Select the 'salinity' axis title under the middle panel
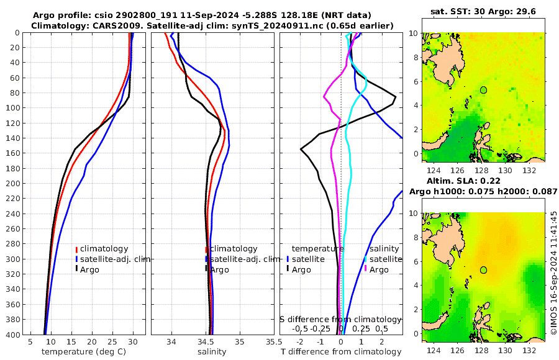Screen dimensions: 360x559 (x=212, y=352)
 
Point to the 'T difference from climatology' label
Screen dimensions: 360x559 (x=341, y=352)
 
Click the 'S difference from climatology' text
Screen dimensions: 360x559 (x=341, y=319)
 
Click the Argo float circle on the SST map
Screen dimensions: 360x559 (x=483, y=90)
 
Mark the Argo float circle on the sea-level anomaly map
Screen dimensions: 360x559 (x=483, y=270)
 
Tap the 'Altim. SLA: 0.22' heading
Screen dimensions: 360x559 (x=480, y=181)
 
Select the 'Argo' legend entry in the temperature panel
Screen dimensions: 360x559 (x=89, y=269)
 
